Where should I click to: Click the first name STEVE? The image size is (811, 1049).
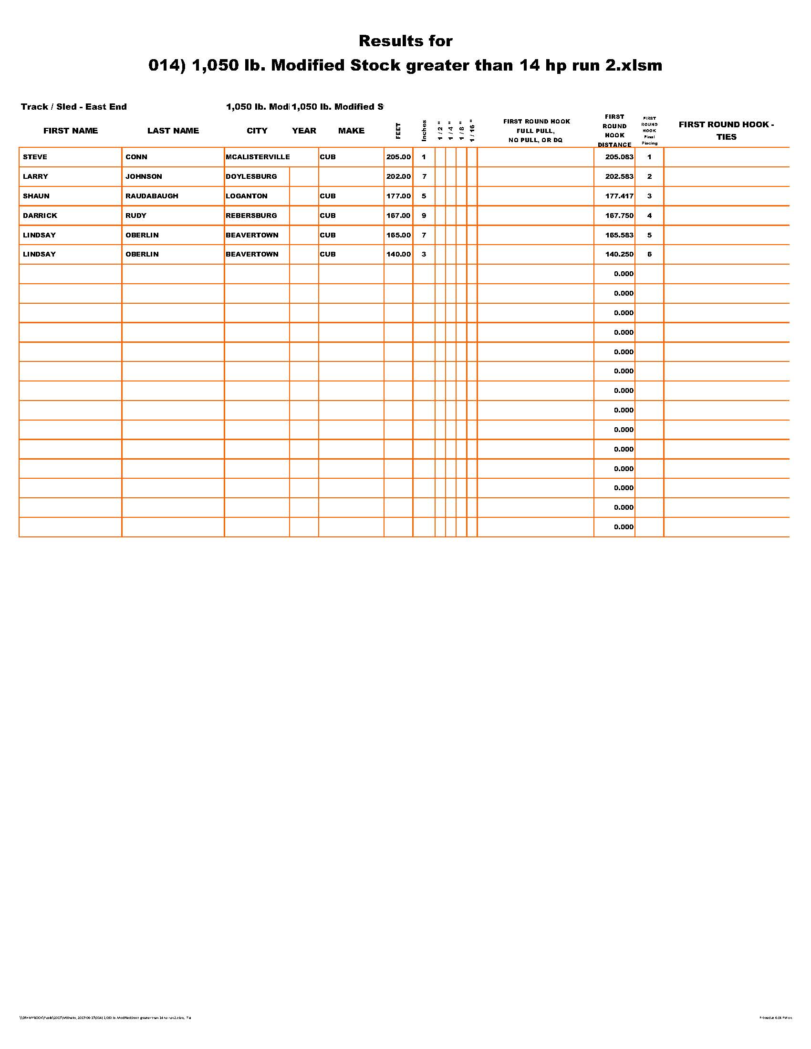point(35,157)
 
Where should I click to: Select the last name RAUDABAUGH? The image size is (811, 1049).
point(152,196)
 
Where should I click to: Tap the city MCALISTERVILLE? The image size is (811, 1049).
point(258,157)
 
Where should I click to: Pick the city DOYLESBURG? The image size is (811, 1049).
point(251,176)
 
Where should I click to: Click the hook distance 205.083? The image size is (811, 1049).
point(619,157)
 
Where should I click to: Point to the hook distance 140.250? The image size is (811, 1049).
point(619,254)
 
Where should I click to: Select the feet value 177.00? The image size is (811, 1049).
point(398,196)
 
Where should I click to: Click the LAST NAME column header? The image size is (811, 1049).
point(173,131)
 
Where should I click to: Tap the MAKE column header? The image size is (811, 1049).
point(351,131)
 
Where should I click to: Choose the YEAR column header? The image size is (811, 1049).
point(304,131)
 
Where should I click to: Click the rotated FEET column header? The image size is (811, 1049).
point(398,131)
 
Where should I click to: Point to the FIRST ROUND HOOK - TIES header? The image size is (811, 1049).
point(726,131)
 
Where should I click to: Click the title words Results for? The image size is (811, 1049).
point(405,41)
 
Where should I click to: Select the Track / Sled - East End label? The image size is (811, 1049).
point(74,107)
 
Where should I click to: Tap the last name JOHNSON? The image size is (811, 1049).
point(144,176)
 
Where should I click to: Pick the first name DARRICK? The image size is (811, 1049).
point(40,216)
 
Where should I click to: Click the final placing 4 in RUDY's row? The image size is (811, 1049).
point(650,216)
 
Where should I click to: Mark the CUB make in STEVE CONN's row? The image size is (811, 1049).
point(328,157)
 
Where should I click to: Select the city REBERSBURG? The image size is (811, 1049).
point(251,216)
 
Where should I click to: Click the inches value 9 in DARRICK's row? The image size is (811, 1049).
point(424,216)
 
